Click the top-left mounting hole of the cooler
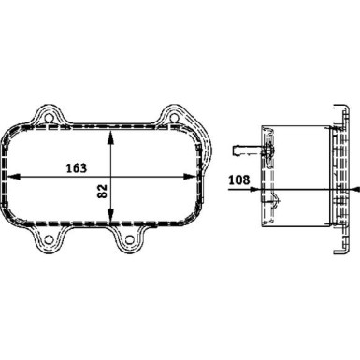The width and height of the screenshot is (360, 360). click(45, 117)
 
